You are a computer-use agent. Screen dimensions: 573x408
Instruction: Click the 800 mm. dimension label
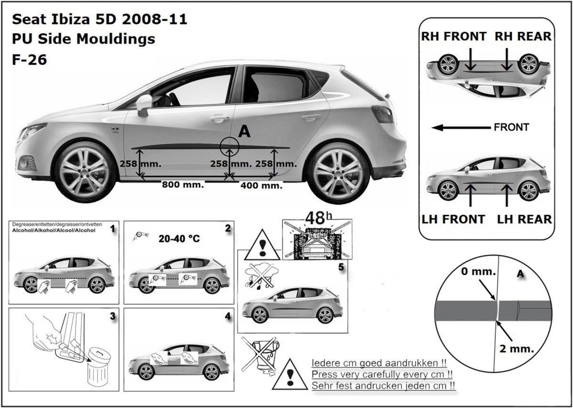coord(183,184)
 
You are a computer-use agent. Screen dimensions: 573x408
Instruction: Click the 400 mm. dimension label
coord(262,185)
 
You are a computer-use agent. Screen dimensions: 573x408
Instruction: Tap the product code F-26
coord(30,60)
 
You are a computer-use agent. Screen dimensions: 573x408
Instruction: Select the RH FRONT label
coord(454,36)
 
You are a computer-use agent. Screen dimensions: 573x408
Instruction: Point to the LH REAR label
coord(524,220)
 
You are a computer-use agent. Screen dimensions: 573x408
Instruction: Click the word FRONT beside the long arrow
coord(511,127)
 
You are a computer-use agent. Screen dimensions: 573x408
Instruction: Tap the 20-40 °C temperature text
coord(179,239)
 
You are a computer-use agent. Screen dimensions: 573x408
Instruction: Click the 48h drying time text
coord(319,218)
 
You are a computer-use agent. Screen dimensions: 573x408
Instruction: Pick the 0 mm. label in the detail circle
coord(478,272)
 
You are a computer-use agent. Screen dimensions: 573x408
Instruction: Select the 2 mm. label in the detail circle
coord(517,349)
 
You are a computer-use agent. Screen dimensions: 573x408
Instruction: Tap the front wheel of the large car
coord(85,172)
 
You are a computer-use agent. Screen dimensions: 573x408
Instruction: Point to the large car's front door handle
coord(220,118)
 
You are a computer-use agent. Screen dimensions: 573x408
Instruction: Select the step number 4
coord(228,316)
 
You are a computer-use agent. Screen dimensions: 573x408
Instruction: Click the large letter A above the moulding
coord(244,132)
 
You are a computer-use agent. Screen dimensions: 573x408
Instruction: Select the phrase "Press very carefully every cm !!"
coord(382,375)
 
